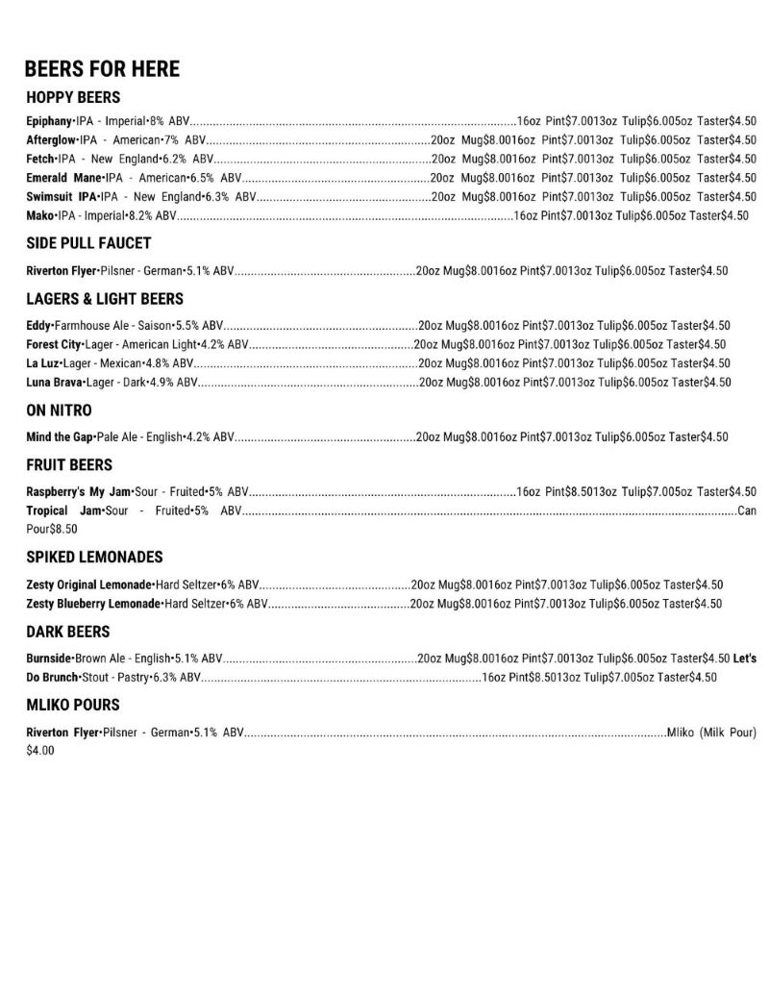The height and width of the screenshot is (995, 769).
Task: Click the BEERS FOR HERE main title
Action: click(x=102, y=69)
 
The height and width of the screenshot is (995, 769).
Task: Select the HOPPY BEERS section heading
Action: click(x=73, y=97)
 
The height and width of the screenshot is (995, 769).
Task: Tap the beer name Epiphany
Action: click(x=49, y=121)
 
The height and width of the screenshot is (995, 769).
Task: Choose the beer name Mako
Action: click(x=39, y=215)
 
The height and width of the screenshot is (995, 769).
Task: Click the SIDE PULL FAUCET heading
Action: click(x=88, y=243)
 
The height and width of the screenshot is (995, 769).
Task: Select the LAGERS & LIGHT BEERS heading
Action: click(x=105, y=299)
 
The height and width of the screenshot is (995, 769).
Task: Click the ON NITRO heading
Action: click(x=59, y=410)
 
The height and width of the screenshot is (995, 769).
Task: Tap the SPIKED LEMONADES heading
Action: click(x=94, y=558)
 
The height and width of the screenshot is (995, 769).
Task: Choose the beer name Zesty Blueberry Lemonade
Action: click(x=93, y=604)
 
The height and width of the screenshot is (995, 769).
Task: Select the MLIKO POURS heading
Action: click(x=73, y=705)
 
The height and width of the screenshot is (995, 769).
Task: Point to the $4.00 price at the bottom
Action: click(x=40, y=750)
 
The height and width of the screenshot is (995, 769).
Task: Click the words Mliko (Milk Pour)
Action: click(x=711, y=733)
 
